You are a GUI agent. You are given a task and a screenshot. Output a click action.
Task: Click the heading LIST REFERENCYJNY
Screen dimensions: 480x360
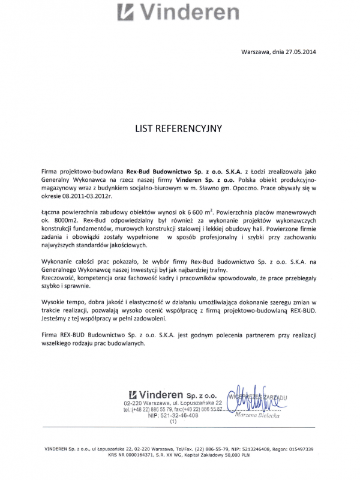click(179, 128)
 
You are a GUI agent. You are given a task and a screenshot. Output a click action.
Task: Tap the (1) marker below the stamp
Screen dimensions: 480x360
click(173, 422)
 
